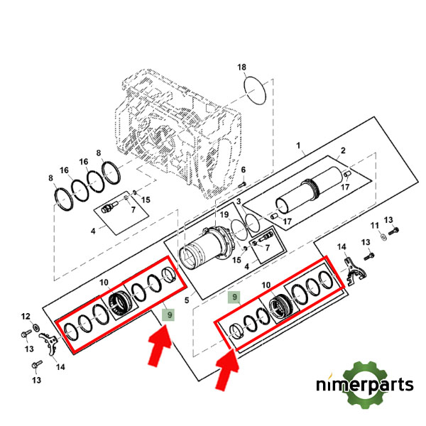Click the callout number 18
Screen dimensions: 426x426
click(x=242, y=67)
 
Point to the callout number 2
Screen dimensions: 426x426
click(x=342, y=151)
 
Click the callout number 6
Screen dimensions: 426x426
click(x=242, y=170)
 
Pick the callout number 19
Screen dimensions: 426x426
click(x=224, y=214)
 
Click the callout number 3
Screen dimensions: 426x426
click(x=240, y=202)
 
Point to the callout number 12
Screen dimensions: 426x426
click(x=26, y=317)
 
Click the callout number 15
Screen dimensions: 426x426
click(x=146, y=200)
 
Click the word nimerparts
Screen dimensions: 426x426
click(x=365, y=386)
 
